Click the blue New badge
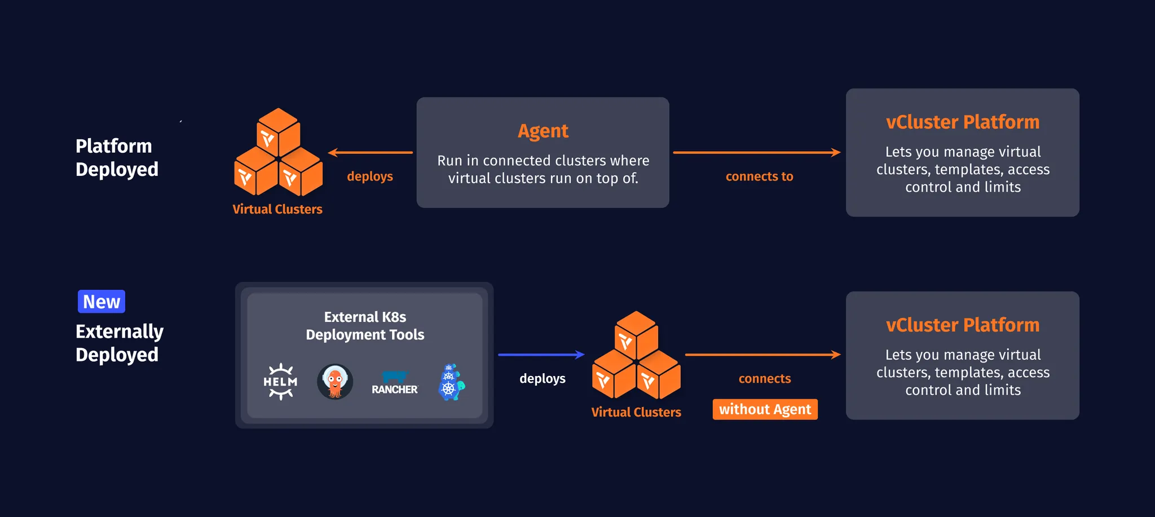[102, 302]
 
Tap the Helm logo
[280, 382]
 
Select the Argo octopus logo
[335, 382]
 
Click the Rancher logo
[395, 383]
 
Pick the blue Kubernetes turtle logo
[451, 382]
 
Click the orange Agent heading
[543, 131]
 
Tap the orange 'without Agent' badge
[765, 409]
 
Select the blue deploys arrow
[541, 355]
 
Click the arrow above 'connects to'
[756, 152]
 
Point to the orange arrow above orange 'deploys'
[371, 152]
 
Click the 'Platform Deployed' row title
[117, 157]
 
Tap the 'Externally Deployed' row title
[119, 343]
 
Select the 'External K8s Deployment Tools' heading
[365, 326]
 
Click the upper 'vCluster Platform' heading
[962, 122]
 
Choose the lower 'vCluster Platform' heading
[962, 325]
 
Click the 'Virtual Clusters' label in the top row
[277, 209]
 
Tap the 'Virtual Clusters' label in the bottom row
[636, 412]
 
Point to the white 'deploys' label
[542, 378]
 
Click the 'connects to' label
[759, 176]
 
